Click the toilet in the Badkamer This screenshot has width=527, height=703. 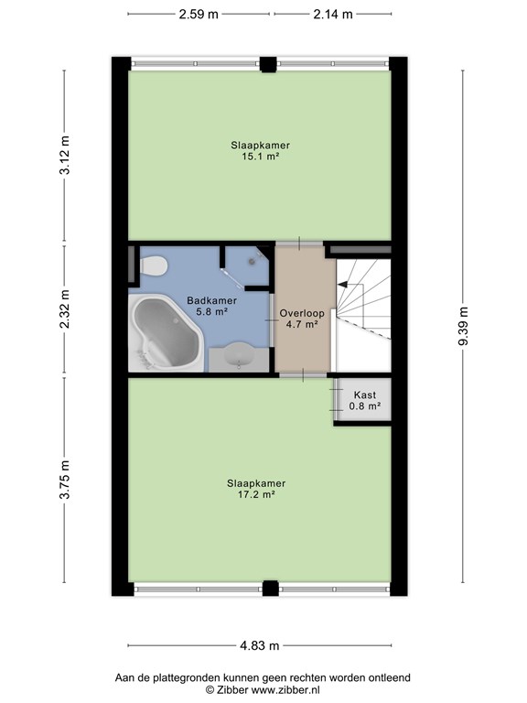click(x=154, y=265)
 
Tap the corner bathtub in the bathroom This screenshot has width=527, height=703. click(x=166, y=332)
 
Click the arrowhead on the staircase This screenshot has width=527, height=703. click(x=343, y=285)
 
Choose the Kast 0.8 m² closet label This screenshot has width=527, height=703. click(x=365, y=401)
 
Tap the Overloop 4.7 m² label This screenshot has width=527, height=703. click(x=302, y=319)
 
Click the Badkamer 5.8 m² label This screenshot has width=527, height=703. click(x=211, y=306)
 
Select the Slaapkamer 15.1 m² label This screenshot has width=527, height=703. click(x=260, y=151)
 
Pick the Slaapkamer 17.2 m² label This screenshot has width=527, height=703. click(x=256, y=489)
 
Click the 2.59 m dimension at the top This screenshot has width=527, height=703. click(x=199, y=15)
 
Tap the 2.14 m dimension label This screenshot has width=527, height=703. click(x=332, y=15)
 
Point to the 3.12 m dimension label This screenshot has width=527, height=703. click(x=65, y=155)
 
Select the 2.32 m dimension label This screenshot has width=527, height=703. click(x=65, y=308)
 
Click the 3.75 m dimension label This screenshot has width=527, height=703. click(x=65, y=480)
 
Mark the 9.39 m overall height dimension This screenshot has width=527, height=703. click(x=463, y=326)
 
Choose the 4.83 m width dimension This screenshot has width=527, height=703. click(x=260, y=645)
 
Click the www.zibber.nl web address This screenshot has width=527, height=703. click(x=285, y=690)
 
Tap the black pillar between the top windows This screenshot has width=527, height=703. click(x=268, y=65)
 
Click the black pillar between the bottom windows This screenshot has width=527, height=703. click(x=270, y=589)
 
